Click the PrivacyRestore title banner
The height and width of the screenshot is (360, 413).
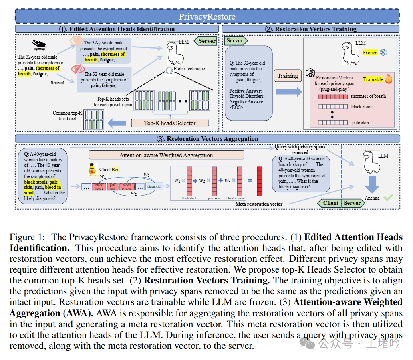pos(207,16)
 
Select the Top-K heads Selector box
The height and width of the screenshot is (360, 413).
pos(170,123)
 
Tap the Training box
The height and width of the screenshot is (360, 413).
pos(288,76)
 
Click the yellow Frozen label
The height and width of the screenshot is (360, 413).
pos(370,53)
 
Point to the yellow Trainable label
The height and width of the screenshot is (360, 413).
pos(373,79)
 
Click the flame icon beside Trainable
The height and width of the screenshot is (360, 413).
pos(388,79)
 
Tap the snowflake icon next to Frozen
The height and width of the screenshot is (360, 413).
pos(384,53)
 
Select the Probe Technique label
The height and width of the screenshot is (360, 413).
pos(189,69)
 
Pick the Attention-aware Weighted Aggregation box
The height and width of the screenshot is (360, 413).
pos(166,155)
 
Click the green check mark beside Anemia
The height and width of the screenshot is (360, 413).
pos(388,198)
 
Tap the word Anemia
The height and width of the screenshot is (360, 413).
pos(372,198)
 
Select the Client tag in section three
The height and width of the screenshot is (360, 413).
pos(330,203)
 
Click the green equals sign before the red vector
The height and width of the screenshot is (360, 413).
pos(249,180)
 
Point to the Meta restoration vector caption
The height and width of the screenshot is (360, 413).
pos(259,204)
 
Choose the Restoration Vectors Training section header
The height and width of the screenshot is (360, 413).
pos(310,29)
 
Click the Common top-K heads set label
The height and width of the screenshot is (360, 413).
pos(67,116)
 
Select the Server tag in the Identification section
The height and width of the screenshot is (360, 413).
pos(207,41)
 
